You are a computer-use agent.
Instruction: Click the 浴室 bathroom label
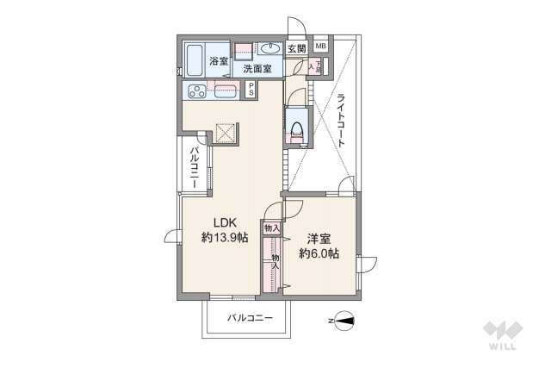tap(219, 61)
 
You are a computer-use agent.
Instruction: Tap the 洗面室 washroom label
tap(256, 68)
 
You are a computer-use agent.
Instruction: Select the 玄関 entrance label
tap(296, 49)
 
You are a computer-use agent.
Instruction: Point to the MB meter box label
tap(320, 47)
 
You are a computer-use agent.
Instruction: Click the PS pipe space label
tap(251, 89)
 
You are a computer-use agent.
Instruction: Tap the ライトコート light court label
tap(341, 120)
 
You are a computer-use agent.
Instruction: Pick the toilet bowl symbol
tap(297, 128)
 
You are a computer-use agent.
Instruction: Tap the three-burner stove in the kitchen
tap(195, 90)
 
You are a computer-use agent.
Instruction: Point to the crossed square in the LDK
tap(225, 134)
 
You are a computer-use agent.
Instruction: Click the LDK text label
tap(214, 221)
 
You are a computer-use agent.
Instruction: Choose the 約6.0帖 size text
tap(319, 254)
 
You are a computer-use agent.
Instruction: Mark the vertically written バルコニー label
tap(195, 167)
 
